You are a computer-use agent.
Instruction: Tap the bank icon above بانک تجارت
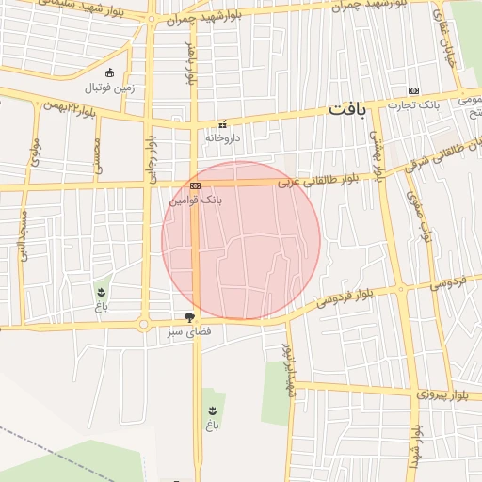click(x=413, y=90)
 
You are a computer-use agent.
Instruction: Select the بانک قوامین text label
click(x=196, y=201)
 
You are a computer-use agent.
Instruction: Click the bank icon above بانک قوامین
click(x=195, y=186)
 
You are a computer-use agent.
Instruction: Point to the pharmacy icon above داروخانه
click(x=223, y=124)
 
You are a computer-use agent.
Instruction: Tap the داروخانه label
click(x=223, y=137)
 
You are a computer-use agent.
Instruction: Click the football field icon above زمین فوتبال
click(x=110, y=73)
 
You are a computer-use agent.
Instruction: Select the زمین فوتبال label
click(x=111, y=88)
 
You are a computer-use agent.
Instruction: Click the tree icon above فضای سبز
click(x=190, y=318)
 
